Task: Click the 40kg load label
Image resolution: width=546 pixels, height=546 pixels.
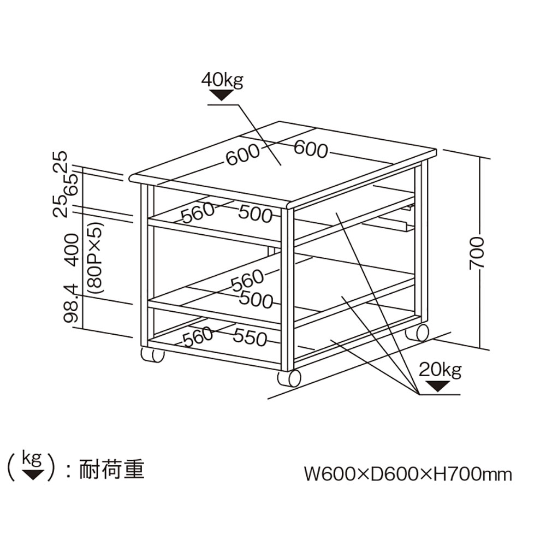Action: coord(222,80)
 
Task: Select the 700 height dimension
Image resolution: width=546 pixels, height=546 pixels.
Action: coord(477,253)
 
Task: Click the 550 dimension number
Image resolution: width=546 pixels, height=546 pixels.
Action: coord(250,337)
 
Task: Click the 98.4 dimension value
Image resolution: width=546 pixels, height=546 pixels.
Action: coord(72,308)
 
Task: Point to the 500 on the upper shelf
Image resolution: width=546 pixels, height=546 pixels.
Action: coord(255,214)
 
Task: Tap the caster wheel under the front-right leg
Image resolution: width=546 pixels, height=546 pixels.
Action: coord(289,378)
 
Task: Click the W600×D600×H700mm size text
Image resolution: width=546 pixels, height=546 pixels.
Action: coord(408,473)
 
